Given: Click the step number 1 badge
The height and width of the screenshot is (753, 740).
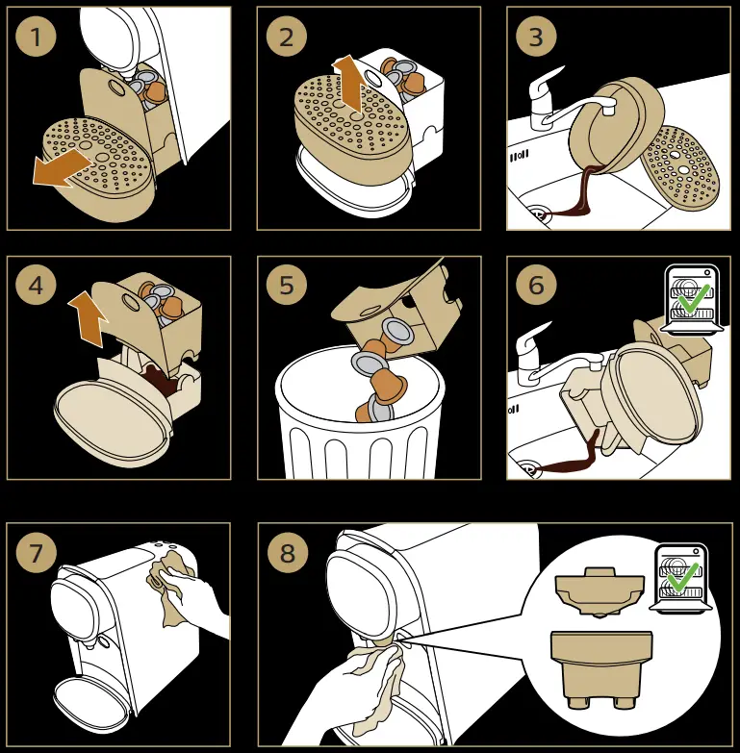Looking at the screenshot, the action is pyautogui.click(x=36, y=37).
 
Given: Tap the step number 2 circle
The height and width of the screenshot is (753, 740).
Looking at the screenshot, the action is pyautogui.click(x=287, y=37).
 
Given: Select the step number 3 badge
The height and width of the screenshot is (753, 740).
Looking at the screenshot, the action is pyautogui.click(x=536, y=37).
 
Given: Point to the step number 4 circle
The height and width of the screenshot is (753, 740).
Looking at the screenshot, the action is pyautogui.click(x=36, y=285).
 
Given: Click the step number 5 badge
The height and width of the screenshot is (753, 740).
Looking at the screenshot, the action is pyautogui.click(x=287, y=285).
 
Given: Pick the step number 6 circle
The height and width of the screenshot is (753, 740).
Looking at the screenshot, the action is pyautogui.click(x=536, y=285).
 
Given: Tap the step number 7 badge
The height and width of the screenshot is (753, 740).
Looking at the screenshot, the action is pyautogui.click(x=36, y=552).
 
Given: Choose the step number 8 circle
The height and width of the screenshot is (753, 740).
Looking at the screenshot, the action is pyautogui.click(x=288, y=552).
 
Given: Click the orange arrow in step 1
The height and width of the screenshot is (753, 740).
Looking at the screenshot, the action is pyautogui.click(x=61, y=168).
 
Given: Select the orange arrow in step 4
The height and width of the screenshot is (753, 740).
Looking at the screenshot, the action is pyautogui.click(x=89, y=318).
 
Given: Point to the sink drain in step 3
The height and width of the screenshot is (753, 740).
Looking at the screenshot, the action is pyautogui.click(x=537, y=213).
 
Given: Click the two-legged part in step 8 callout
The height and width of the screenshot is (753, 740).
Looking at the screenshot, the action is pyautogui.click(x=601, y=669).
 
